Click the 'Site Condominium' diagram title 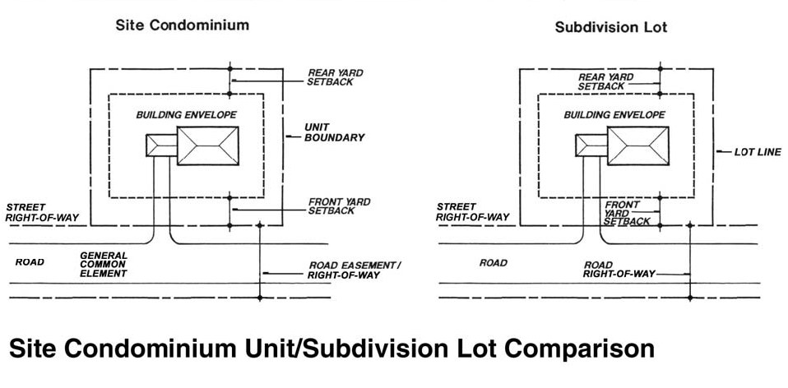182,25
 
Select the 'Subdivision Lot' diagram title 610,27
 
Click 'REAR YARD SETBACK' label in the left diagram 335,78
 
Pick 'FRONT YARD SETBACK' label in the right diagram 627,212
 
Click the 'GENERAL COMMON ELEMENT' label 104,264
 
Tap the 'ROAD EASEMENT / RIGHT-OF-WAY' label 354,270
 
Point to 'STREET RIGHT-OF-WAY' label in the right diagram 473,212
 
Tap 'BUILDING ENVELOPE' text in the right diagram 614,115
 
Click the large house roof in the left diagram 208,146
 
